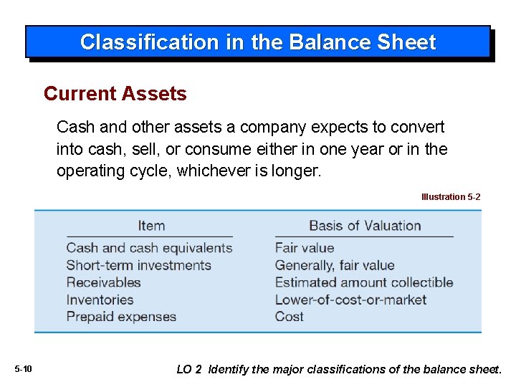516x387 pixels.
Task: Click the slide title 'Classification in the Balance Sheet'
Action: point(258,42)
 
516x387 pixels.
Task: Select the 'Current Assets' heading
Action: point(115,94)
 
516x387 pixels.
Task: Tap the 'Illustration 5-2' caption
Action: point(451,196)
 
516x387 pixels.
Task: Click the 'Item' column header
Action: point(151,226)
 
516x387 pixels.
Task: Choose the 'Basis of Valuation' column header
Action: point(365,226)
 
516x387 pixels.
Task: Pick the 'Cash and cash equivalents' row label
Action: point(149,248)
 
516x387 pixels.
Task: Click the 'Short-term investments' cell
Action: point(138,265)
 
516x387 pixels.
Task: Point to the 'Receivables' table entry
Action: point(103,282)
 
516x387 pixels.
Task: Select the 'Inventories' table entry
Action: point(100,300)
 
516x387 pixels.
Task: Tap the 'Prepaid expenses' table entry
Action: point(121,317)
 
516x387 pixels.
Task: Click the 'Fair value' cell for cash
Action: point(305,248)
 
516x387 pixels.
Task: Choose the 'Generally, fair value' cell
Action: point(335,265)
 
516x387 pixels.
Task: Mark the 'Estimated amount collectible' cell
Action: point(364,282)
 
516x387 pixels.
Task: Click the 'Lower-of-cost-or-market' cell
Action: point(350,300)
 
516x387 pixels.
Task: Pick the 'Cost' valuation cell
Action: point(290,317)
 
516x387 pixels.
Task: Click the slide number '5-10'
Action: point(23,369)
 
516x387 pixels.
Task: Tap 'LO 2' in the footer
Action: point(189,369)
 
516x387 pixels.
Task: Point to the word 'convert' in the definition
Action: point(419,128)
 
